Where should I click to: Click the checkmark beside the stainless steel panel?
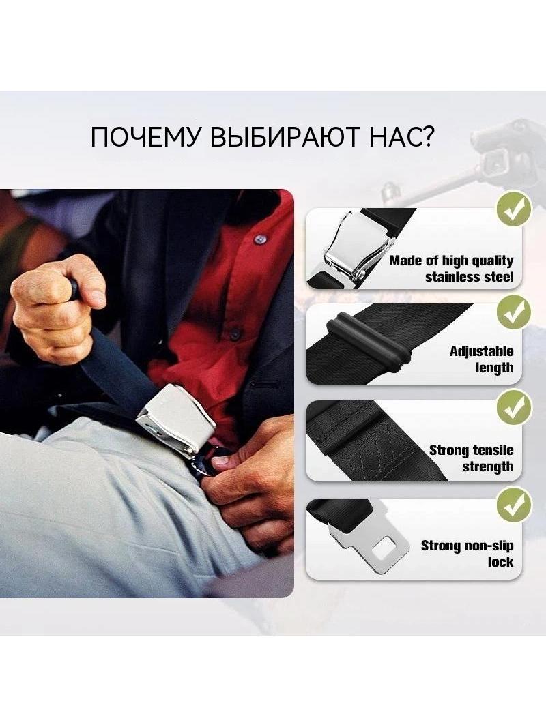tap(513, 209)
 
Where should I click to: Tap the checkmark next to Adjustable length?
tap(513, 312)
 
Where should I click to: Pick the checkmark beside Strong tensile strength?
tap(513, 408)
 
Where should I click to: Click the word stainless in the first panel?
tap(452, 278)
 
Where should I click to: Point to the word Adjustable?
tap(482, 351)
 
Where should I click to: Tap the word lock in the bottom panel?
tap(500, 563)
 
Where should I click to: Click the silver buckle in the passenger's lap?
tap(176, 417)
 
